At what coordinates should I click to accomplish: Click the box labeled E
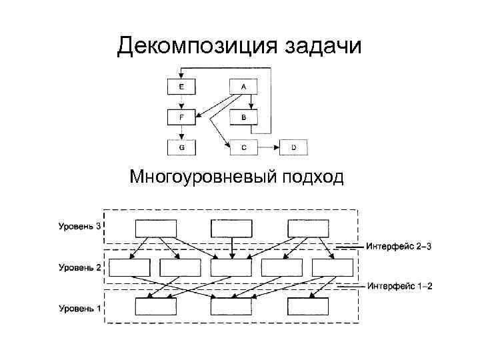(x=182, y=87)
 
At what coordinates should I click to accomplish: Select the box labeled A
(x=244, y=87)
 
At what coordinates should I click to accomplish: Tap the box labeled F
(x=182, y=117)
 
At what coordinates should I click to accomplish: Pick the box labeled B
(x=244, y=117)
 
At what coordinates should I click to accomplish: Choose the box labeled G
(x=182, y=147)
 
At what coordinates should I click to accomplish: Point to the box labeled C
(x=244, y=147)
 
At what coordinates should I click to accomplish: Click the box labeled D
(x=293, y=147)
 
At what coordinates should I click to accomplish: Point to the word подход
(x=313, y=177)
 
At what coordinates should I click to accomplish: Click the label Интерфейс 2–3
(x=399, y=246)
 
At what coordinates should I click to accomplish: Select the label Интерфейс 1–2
(x=399, y=287)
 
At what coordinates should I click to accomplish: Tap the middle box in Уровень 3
(x=231, y=228)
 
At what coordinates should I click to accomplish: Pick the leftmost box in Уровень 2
(x=129, y=267)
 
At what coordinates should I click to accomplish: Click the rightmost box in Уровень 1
(x=308, y=307)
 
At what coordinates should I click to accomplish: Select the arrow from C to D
(x=268, y=147)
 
